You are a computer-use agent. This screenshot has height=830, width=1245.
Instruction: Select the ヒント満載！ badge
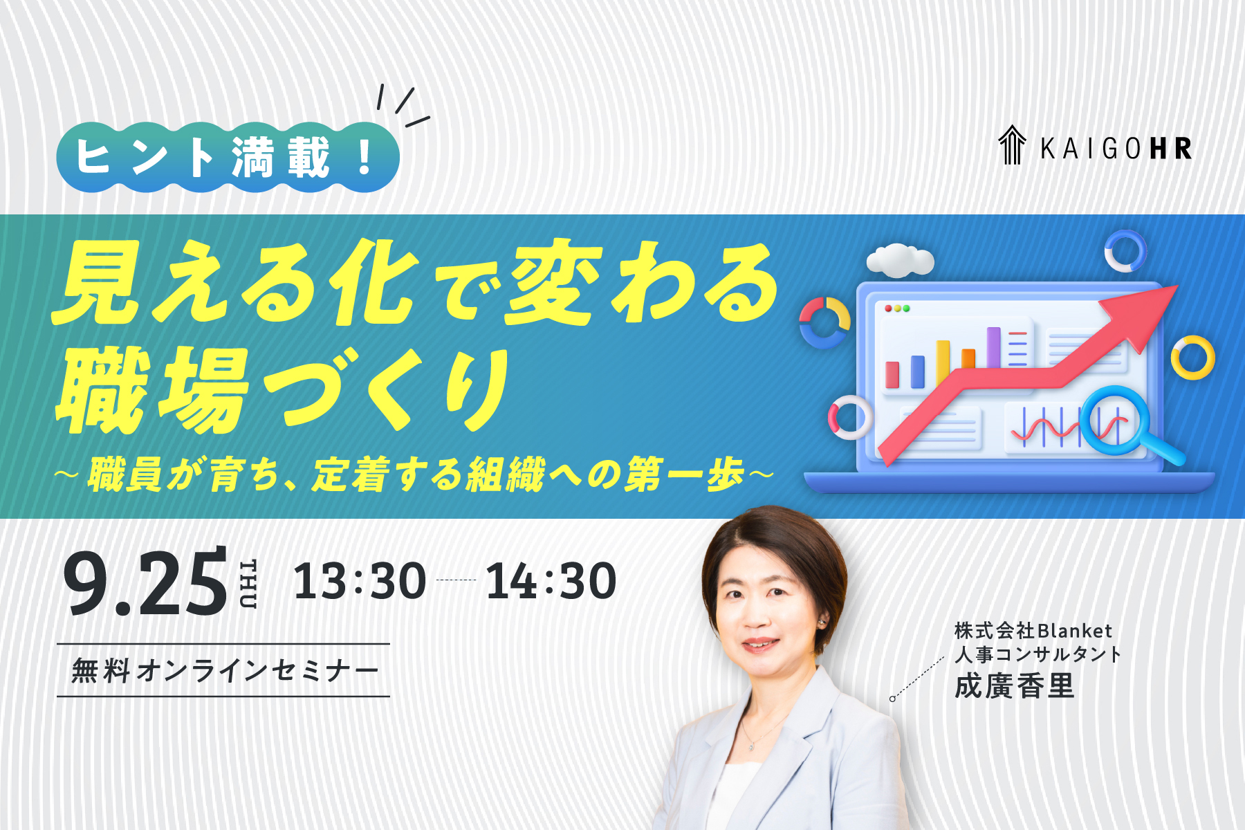[x=228, y=158]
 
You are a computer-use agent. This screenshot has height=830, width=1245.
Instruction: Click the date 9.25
[x=145, y=582]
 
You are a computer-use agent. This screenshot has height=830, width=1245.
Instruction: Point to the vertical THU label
[x=248, y=584]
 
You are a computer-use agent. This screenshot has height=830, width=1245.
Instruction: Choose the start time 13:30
[x=360, y=581]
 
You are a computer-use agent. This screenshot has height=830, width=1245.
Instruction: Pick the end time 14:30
[x=551, y=581]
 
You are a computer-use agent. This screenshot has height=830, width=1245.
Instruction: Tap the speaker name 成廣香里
[x=1015, y=686]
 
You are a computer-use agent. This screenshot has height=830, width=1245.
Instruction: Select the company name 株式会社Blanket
[x=1033, y=631]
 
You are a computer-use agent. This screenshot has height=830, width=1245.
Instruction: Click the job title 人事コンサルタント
[x=1037, y=654]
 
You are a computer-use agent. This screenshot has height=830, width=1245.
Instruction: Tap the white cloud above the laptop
[x=900, y=261]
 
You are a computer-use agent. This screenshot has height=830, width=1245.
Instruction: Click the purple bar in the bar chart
[x=994, y=347]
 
